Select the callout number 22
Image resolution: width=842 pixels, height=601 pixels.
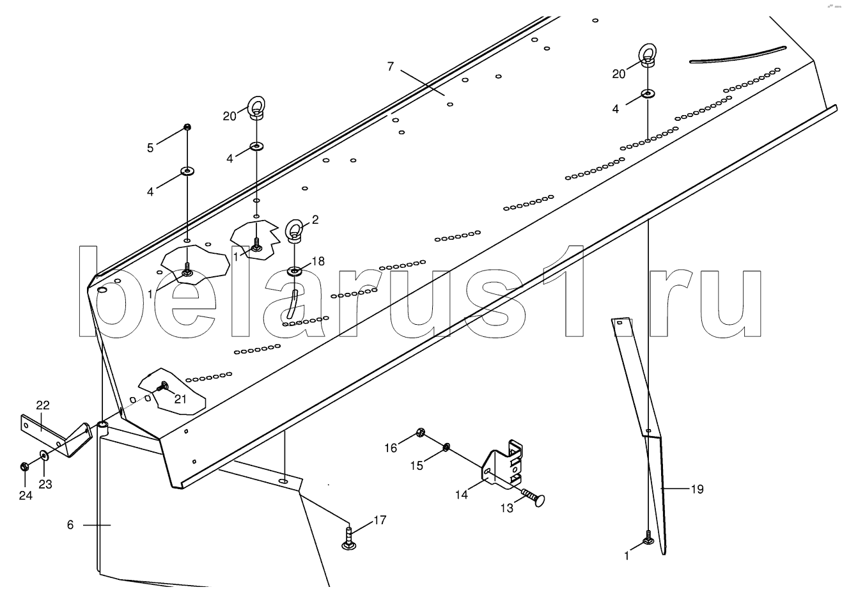(43, 405)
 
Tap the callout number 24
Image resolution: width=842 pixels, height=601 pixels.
(26, 495)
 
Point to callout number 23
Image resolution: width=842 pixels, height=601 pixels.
(45, 484)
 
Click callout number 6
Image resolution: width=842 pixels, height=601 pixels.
(70, 524)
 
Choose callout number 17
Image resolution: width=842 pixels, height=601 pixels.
(380, 521)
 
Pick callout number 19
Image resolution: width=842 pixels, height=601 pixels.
(697, 489)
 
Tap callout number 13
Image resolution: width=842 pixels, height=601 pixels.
(507, 508)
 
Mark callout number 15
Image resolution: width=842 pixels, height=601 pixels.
(416, 465)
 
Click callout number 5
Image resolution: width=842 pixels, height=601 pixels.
(150, 148)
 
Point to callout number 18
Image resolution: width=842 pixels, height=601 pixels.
(318, 261)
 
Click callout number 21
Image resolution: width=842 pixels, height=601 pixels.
(180, 399)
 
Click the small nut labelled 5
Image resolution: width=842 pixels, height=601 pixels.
(187, 127)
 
